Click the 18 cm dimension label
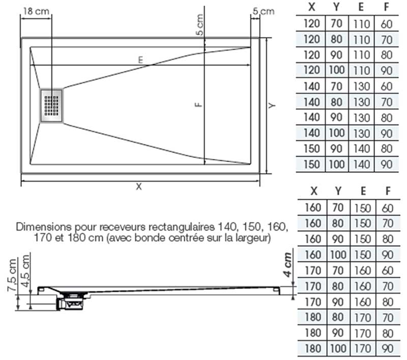click(x=36, y=11)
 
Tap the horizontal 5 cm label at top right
click(x=264, y=11)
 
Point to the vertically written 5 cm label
click(x=200, y=25)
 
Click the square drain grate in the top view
click(x=51, y=106)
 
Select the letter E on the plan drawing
click(x=140, y=60)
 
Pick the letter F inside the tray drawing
click(x=198, y=104)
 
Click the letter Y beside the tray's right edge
click(x=272, y=105)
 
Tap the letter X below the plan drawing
click(x=139, y=186)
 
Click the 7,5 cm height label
click(x=12, y=275)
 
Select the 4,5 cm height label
click(x=25, y=271)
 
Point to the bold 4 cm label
click(x=287, y=264)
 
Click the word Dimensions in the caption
click(x=44, y=227)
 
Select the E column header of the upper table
click(x=361, y=7)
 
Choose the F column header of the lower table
click(x=388, y=191)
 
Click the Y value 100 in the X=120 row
click(x=337, y=70)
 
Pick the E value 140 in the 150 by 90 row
click(x=362, y=149)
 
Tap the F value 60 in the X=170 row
click(x=388, y=271)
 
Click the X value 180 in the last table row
click(x=313, y=349)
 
